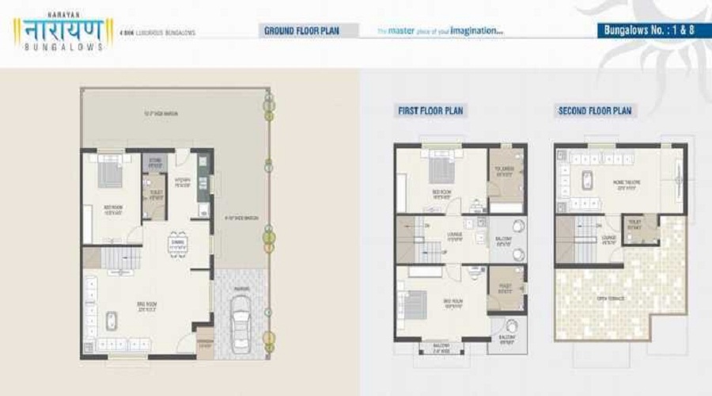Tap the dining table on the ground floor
(x=178, y=245)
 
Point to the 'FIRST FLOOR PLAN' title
(x=430, y=111)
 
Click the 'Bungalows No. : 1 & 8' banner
(x=650, y=32)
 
